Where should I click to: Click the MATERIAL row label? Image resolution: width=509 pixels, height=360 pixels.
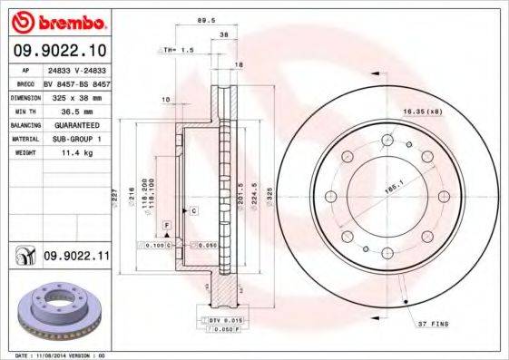pyautogui.click(x=23, y=140)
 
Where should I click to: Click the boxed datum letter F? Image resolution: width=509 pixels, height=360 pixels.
pyautogui.click(x=167, y=223)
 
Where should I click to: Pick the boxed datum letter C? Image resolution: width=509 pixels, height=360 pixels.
pyautogui.click(x=194, y=209)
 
